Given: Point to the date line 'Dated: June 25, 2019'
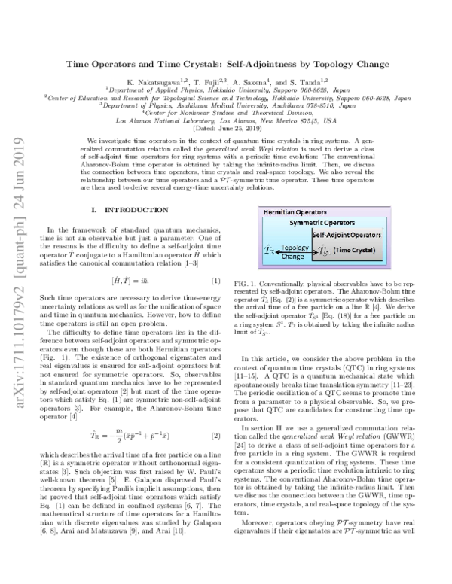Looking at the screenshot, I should pyautogui.click(x=226, y=129).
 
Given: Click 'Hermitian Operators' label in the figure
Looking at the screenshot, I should pyautogui.click(x=285, y=214).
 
